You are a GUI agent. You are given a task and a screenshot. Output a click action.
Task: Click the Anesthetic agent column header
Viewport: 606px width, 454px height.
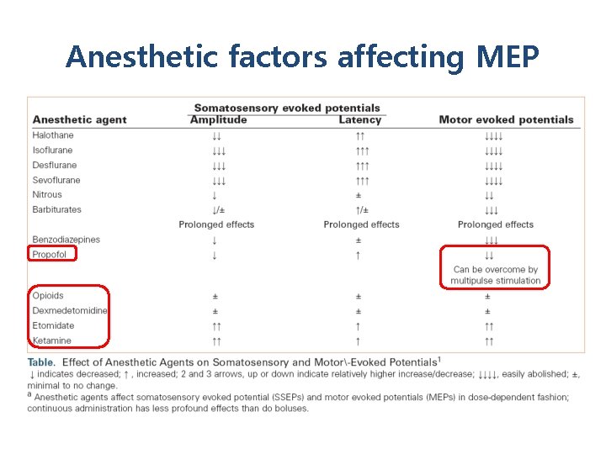[x=79, y=119]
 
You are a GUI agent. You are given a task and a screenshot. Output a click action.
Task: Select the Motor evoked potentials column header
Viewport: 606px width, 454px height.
[x=506, y=119]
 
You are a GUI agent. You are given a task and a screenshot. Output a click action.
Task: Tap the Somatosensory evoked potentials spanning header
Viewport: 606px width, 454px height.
[x=287, y=108]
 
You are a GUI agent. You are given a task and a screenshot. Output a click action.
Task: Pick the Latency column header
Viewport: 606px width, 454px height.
[x=359, y=119]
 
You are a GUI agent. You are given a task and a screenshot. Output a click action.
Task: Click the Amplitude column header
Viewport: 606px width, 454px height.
[x=218, y=119]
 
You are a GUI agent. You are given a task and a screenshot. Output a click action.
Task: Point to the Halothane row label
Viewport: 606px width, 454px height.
[x=53, y=135]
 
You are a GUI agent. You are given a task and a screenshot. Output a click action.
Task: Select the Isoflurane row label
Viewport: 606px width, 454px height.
[x=52, y=150]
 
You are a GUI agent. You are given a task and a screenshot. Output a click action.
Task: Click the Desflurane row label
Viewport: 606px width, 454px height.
[x=54, y=165]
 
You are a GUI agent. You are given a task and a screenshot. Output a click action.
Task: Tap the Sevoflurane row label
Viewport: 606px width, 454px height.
[x=56, y=180]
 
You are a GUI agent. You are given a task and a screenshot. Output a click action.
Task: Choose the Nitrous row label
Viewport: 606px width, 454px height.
[x=47, y=194]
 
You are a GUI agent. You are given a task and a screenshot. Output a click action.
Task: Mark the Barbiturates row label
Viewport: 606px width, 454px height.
[x=56, y=209]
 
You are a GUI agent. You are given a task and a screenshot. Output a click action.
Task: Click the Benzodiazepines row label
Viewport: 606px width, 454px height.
[x=66, y=240]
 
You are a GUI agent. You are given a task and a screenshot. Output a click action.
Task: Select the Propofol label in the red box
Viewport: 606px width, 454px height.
[x=50, y=255]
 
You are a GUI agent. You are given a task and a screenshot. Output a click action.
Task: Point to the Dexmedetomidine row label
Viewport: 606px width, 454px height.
[x=70, y=310]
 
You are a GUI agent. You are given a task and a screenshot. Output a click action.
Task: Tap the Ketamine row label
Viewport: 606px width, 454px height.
[x=52, y=340]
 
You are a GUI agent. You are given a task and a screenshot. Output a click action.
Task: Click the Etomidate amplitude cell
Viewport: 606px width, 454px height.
[x=216, y=325]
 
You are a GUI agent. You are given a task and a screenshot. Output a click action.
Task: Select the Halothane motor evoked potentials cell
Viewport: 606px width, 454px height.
[x=492, y=135]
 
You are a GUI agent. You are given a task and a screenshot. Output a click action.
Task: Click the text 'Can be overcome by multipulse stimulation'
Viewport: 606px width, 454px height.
[x=495, y=275]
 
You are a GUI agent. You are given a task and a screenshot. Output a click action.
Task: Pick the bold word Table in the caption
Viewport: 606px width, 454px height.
[x=41, y=362]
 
